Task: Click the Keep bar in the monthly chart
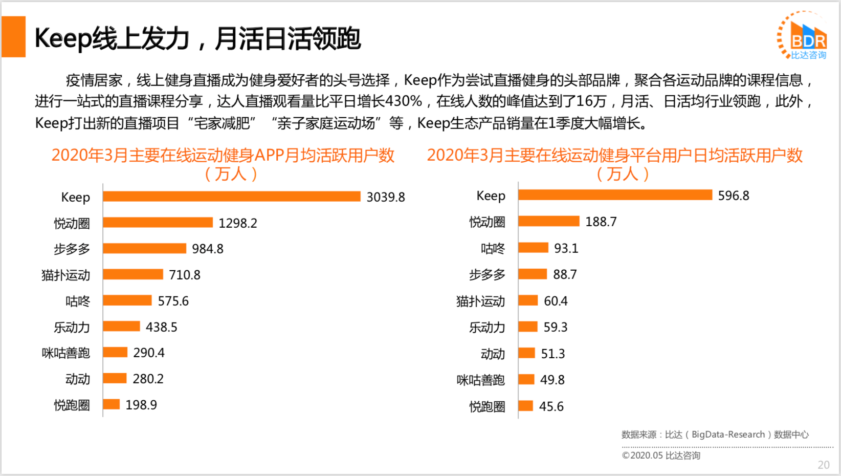[x=231, y=197]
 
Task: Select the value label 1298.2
[x=238, y=223]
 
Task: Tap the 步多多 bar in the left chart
[x=144, y=249]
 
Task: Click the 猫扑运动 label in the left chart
[x=65, y=275]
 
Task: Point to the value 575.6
[x=173, y=301]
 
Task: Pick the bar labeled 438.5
[x=121, y=327]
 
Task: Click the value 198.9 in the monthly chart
[x=141, y=405]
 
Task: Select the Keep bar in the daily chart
[x=615, y=195]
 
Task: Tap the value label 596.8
[x=733, y=196]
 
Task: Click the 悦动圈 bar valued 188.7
[x=548, y=221]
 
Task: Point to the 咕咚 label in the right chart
[x=493, y=249]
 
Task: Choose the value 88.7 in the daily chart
[x=565, y=275]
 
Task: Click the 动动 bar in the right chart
[x=526, y=353]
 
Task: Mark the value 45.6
[x=551, y=406]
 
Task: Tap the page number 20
[x=823, y=465]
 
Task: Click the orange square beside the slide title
[x=14, y=37]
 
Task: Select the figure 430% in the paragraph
[x=403, y=101]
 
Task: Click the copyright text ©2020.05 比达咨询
[x=661, y=456]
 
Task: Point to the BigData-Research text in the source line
[x=728, y=435]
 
